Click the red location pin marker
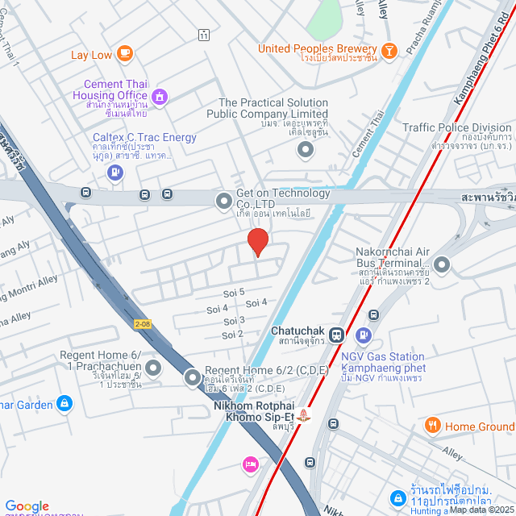(x=257, y=242)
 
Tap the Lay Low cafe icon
(x=124, y=54)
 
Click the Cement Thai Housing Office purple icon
(x=160, y=97)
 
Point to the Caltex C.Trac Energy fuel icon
(x=116, y=172)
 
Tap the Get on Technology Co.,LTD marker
(x=223, y=200)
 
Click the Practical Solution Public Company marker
(x=305, y=149)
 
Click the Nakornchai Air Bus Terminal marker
(x=442, y=264)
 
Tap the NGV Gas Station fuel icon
(x=364, y=334)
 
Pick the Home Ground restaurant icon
(x=433, y=426)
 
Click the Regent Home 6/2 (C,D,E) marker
(x=193, y=377)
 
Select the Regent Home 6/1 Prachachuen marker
(x=153, y=368)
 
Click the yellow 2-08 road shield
(x=142, y=323)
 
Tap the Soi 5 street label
(x=236, y=293)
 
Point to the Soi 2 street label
(x=232, y=334)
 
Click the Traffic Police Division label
(x=457, y=127)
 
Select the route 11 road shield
(x=204, y=35)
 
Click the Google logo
(x=27, y=506)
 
